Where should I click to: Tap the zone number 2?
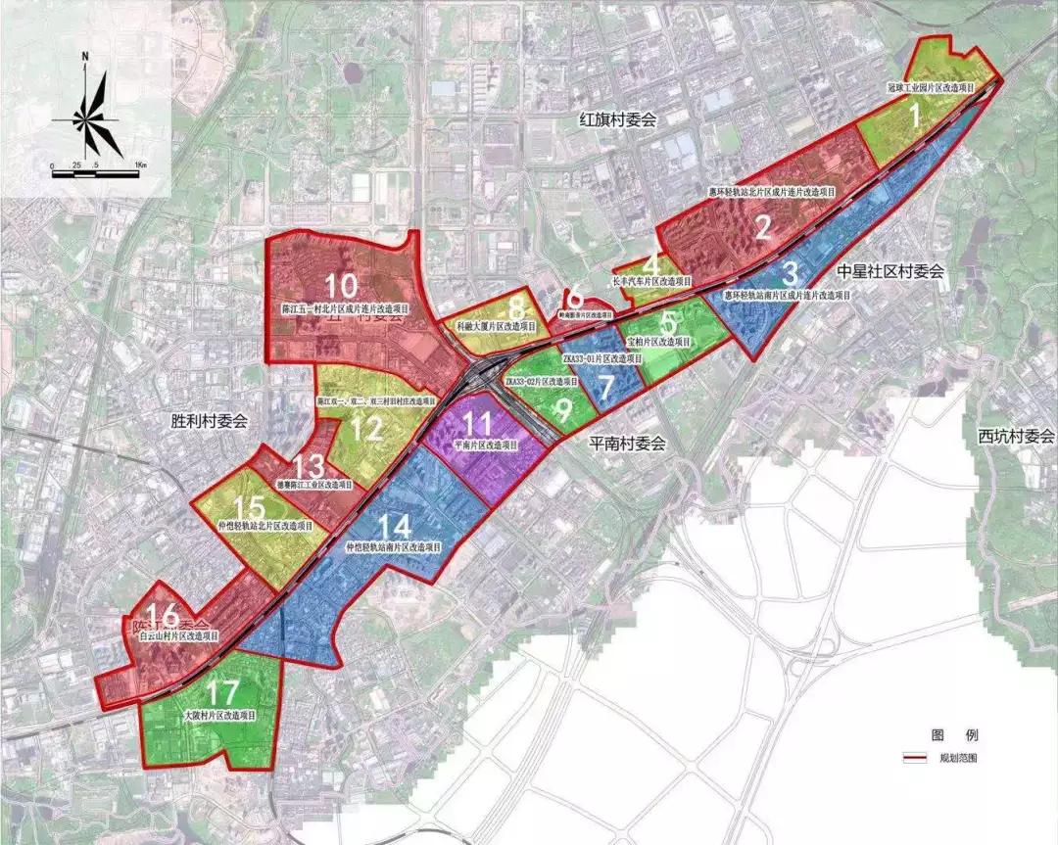(x=763, y=227)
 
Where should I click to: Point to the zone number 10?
(x=342, y=286)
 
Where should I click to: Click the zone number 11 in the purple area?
(x=478, y=424)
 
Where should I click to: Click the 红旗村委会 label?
(x=617, y=119)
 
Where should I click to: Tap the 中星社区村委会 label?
(x=890, y=272)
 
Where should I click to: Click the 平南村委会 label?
(x=627, y=443)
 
